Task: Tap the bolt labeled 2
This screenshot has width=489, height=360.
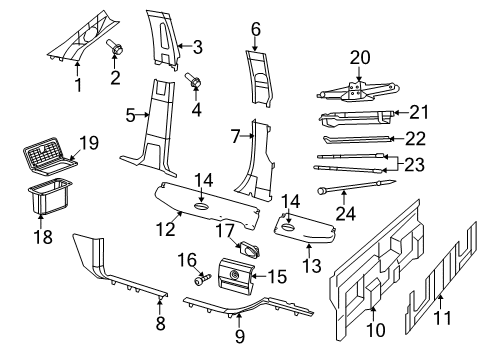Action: click(115, 47)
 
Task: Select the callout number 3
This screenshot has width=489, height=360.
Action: click(197, 46)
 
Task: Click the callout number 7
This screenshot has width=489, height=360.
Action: click(236, 135)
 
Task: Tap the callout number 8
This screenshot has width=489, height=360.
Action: click(161, 323)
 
